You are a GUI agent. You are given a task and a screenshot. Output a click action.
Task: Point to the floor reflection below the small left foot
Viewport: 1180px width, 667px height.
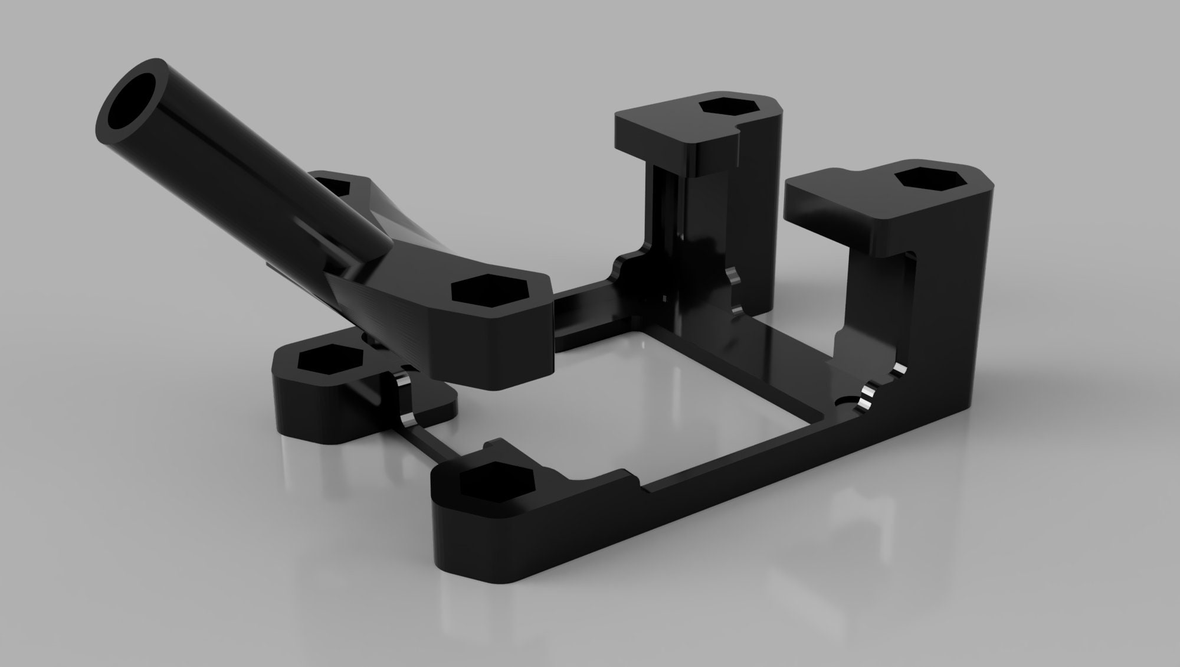[313, 472]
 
